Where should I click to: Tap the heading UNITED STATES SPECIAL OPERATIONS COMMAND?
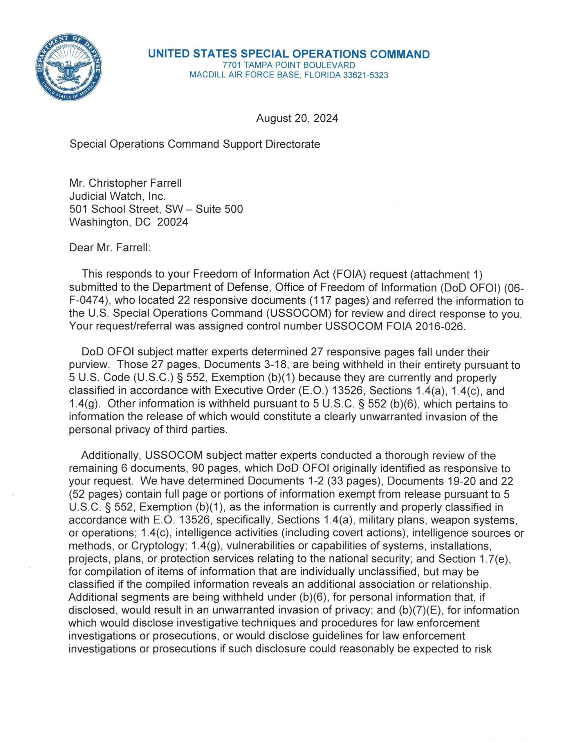point(289,54)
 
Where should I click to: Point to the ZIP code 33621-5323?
point(365,75)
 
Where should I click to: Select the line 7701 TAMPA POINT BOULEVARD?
point(289,65)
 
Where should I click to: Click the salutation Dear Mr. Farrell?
point(110,247)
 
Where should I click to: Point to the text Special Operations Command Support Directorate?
point(195,144)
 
